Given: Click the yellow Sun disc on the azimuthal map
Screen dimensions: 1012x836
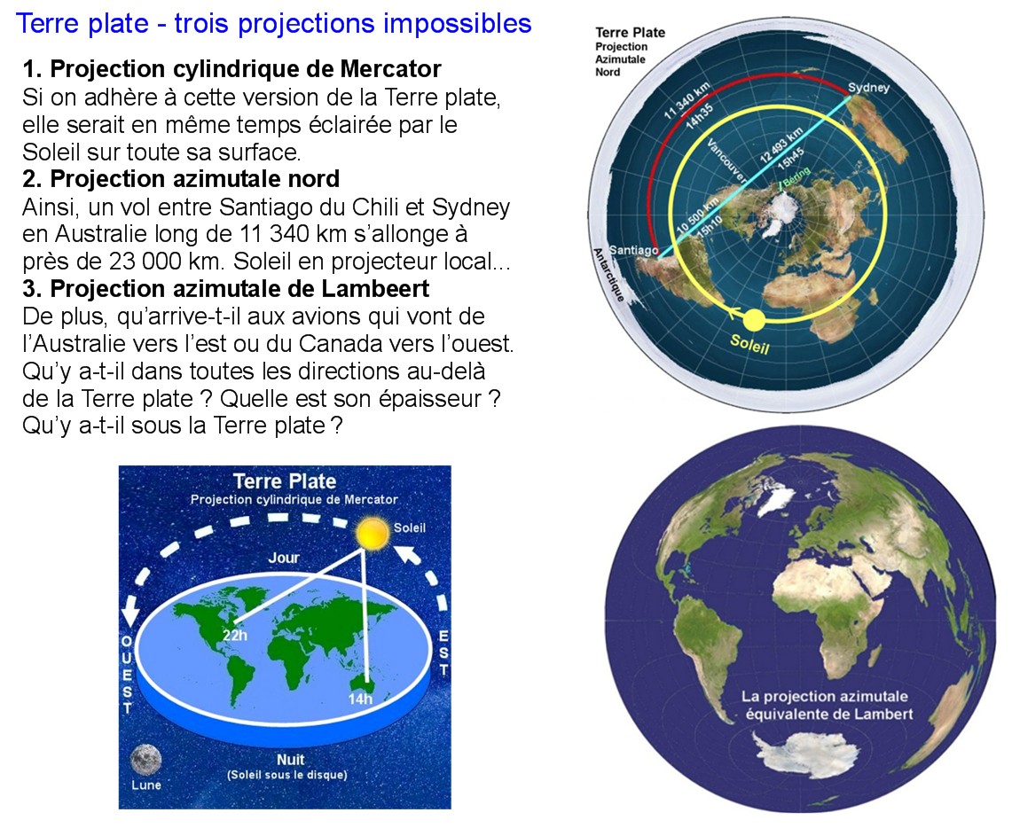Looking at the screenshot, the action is click(754, 320).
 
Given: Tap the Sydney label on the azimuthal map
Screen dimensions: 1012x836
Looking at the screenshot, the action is click(868, 87).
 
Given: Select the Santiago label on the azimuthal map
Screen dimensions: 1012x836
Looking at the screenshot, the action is click(633, 250).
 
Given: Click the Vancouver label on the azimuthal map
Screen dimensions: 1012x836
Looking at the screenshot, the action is click(726, 160).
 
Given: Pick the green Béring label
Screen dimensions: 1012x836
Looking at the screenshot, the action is click(796, 176).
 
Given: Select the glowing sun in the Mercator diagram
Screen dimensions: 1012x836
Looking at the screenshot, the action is click(372, 534).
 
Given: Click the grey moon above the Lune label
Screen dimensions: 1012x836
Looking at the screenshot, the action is click(145, 760).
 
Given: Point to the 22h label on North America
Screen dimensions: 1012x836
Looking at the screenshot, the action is click(235, 636).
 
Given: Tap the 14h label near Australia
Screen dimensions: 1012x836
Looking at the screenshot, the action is click(360, 699).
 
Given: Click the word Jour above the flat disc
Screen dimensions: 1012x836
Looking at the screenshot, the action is click(284, 558).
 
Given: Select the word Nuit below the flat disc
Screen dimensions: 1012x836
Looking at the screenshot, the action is click(290, 759).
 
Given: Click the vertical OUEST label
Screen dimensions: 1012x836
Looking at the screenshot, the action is click(127, 675).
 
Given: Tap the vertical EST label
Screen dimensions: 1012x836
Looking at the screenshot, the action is click(443, 652).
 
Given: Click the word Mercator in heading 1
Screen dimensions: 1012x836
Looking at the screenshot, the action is click(391, 68).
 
